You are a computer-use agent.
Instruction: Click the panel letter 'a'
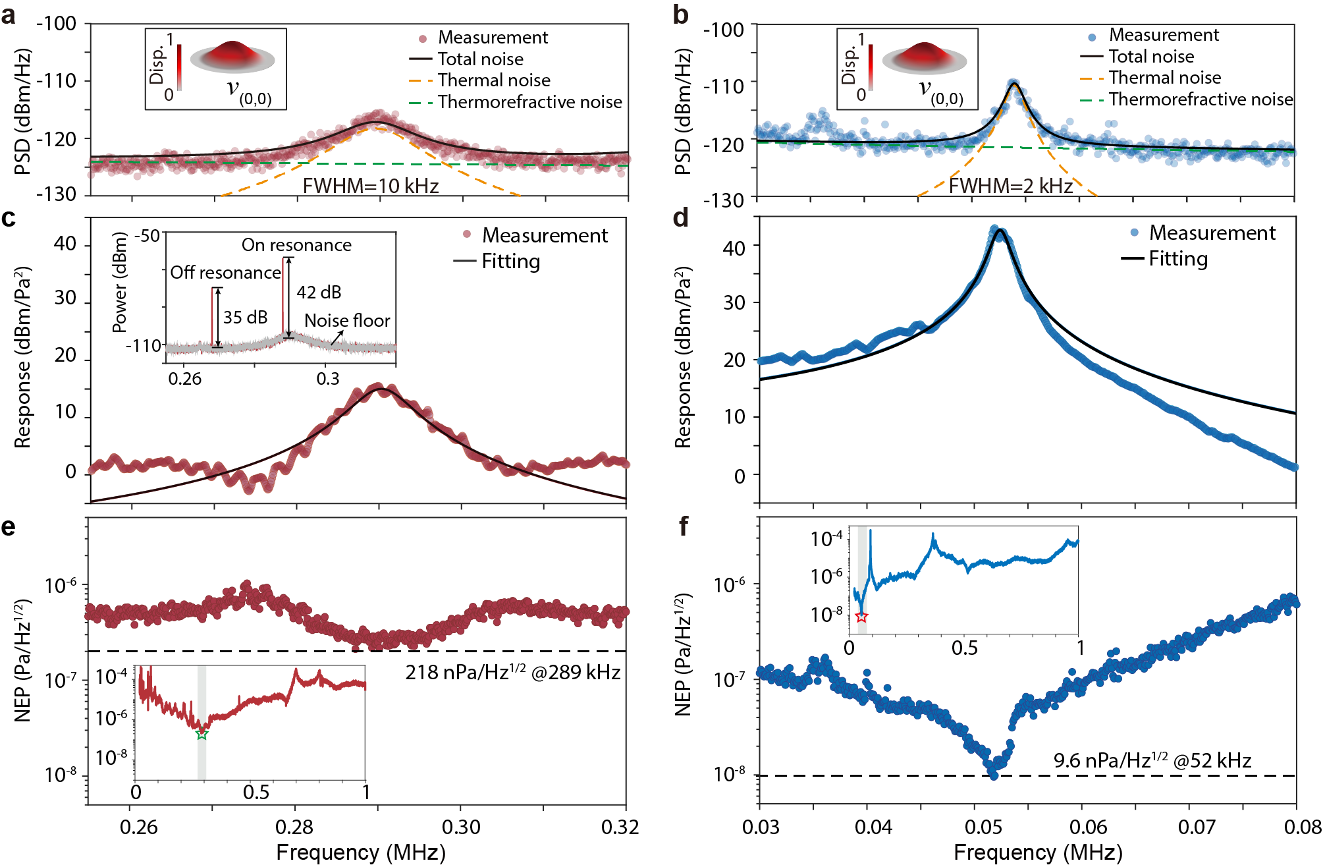pos(9,14)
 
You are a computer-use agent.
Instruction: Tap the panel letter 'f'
pos(684,526)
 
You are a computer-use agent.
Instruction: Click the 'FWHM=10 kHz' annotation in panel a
pos(371,186)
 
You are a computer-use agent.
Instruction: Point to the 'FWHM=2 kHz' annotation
pos(1010,186)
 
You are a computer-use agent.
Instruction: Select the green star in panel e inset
pos(202,734)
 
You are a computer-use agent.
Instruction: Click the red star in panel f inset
pos(861,617)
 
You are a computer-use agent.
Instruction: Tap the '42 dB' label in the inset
pos(319,293)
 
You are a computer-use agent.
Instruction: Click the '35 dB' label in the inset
pos(245,318)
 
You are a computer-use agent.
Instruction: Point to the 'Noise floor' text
pos(347,321)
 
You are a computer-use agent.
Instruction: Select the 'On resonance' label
pos(296,245)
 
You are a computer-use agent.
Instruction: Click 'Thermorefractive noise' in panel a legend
pos(529,102)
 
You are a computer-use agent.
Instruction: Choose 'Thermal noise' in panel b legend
pos(1164,78)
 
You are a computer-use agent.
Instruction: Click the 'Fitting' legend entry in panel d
pos(1178,259)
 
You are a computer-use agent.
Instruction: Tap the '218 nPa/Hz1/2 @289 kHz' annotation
pos(512,673)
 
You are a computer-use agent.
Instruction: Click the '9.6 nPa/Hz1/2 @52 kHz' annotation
pos(1152,761)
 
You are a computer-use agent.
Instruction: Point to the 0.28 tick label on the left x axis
pos(294,827)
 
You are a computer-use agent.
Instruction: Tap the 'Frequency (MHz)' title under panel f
pos(1038,853)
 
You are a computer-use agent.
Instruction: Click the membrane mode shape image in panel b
pos(925,58)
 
